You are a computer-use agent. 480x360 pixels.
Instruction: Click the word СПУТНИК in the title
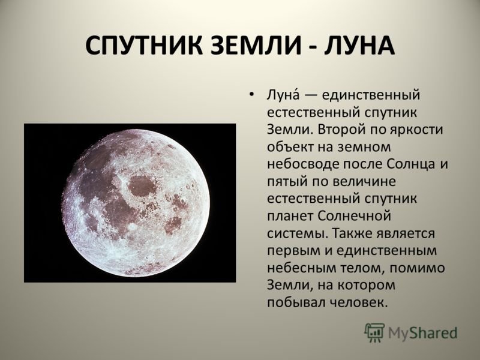[x=144, y=46]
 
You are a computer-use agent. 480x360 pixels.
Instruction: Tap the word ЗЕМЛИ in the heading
[x=257, y=46]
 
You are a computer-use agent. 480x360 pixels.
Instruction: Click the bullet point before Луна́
[x=251, y=95]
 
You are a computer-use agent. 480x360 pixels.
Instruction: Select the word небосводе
[x=303, y=164]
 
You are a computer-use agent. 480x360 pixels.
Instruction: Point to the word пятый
[x=287, y=182]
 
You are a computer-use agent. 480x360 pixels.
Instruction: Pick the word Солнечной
[x=355, y=216]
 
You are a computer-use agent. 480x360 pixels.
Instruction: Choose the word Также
[x=352, y=233]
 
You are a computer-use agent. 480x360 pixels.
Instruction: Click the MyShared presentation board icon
[x=374, y=332]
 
